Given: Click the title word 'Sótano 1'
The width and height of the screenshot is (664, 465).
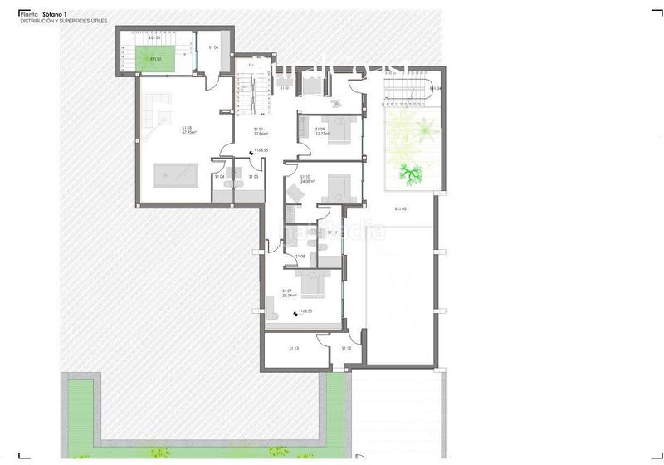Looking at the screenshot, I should point(53,14).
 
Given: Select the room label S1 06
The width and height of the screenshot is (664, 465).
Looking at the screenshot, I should point(213,47).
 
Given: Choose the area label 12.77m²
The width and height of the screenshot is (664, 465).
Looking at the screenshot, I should point(320,132).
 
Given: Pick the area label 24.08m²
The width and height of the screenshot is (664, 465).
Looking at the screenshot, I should point(305,180).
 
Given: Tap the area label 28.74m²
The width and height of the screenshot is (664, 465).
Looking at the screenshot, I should point(289,295).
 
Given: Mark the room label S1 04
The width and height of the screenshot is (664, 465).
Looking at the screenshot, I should point(219,177).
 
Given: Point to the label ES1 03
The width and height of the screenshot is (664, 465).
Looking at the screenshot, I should point(400,208).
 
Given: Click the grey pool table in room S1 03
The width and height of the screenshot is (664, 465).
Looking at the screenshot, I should point(175,175).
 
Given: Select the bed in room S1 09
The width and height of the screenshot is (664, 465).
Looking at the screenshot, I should point(341,131).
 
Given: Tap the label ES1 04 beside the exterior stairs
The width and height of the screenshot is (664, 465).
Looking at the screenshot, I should point(434,88).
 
